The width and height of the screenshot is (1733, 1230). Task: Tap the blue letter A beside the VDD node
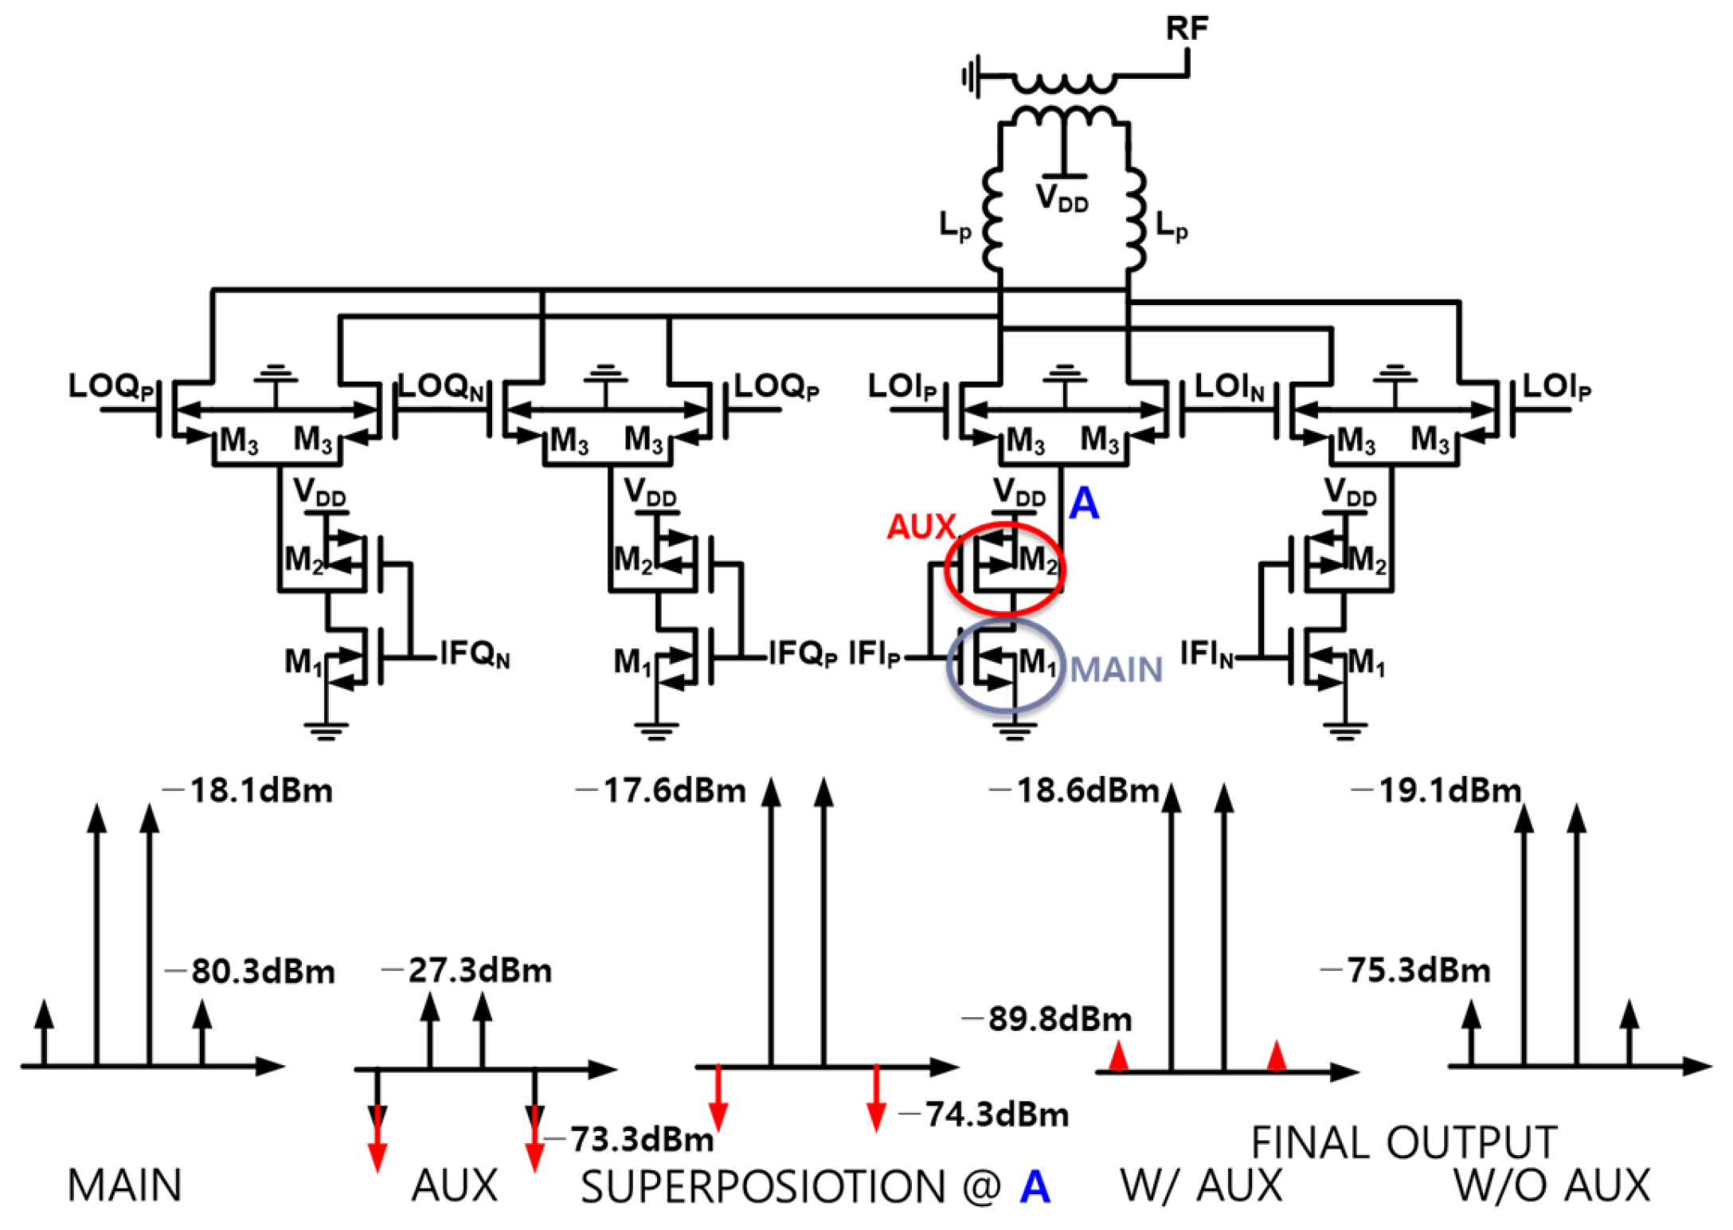point(1084,503)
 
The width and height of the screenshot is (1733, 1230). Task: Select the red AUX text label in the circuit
point(921,527)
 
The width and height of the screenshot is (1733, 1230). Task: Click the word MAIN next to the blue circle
point(1116,669)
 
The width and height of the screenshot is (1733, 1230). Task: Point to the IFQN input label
point(475,654)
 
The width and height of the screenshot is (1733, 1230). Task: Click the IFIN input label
point(1205,654)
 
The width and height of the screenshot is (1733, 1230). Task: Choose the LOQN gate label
point(440,387)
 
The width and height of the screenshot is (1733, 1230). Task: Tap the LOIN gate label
point(1229,387)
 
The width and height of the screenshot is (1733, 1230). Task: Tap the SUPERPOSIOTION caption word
point(762,1186)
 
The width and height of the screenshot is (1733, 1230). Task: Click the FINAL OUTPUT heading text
point(1403,1142)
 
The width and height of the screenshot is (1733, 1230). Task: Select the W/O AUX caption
point(1551,1185)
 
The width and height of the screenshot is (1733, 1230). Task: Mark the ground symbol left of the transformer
point(971,77)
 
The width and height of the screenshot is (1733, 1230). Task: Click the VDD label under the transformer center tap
point(1062,198)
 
